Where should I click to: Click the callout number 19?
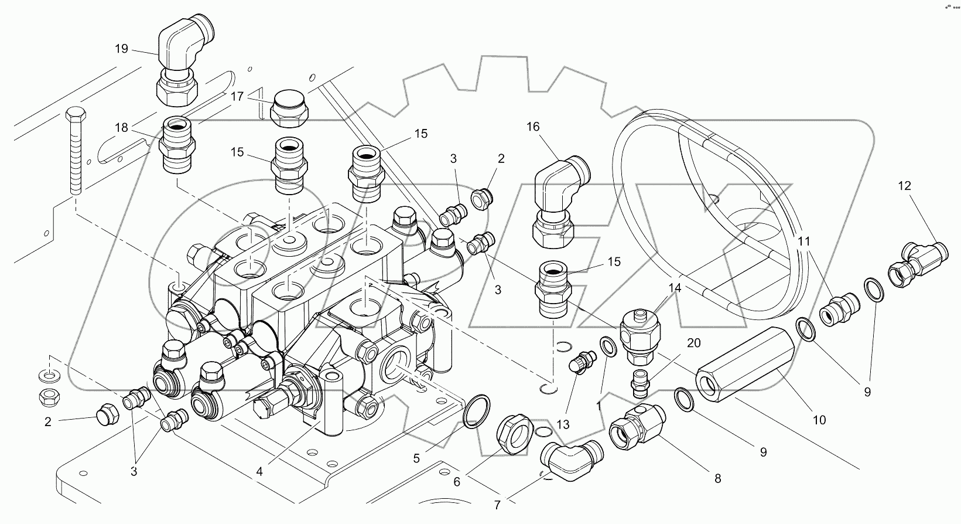[x=121, y=49]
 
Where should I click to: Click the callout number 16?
[x=532, y=127]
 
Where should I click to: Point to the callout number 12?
[x=904, y=186]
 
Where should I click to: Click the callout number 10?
[x=819, y=420]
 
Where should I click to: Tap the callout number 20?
[x=693, y=343]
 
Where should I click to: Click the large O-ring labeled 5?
[x=476, y=410]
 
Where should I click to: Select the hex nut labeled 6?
[x=514, y=434]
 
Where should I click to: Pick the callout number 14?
[x=675, y=288]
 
